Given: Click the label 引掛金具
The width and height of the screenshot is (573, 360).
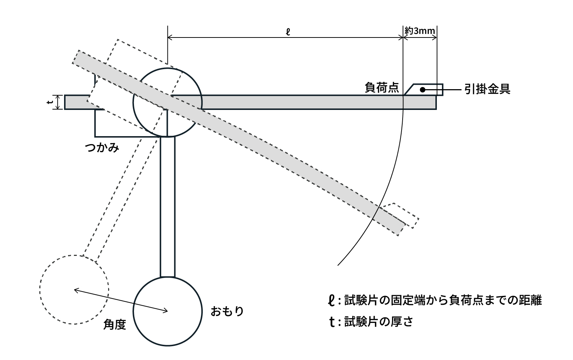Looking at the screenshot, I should (x=487, y=89).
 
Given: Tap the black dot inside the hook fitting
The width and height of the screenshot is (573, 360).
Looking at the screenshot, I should (x=422, y=89).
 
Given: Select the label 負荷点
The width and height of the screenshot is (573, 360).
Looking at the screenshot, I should (x=382, y=88).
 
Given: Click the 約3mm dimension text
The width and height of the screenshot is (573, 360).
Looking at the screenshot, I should (x=420, y=31).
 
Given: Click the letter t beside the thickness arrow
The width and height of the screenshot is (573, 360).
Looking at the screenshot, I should (x=50, y=102).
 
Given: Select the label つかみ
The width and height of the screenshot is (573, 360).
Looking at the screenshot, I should (x=102, y=148).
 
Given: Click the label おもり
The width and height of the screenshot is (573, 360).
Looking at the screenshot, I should (x=227, y=312).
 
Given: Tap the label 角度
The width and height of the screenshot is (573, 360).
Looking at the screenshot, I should (x=115, y=324).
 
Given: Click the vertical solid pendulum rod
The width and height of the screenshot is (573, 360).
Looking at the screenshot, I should (x=167, y=207).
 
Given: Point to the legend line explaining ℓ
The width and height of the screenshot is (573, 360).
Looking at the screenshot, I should (x=435, y=301).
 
